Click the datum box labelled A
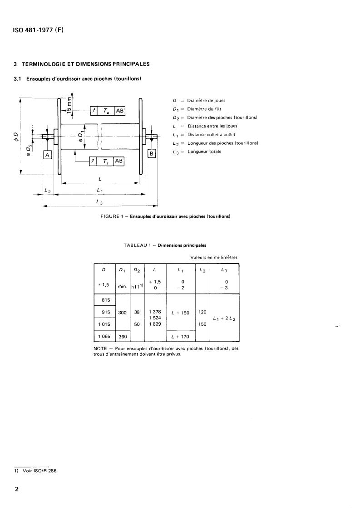[x=47, y=155]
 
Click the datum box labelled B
[x=152, y=153]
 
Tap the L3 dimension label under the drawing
[x=99, y=202]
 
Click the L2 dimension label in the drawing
[x=47, y=191]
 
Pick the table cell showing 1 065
[x=105, y=336]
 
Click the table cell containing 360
[x=123, y=336]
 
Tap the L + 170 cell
[x=181, y=336]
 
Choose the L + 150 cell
[x=181, y=313]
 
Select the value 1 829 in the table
[x=155, y=324]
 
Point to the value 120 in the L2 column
[x=202, y=312]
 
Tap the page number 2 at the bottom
[x=17, y=490]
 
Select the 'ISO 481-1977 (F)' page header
[x=39, y=30]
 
